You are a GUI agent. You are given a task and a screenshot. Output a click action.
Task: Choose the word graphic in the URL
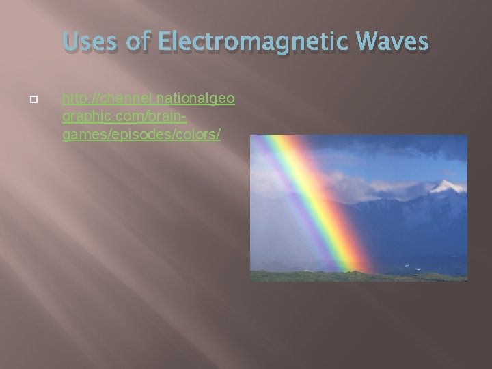coord(81,118)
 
